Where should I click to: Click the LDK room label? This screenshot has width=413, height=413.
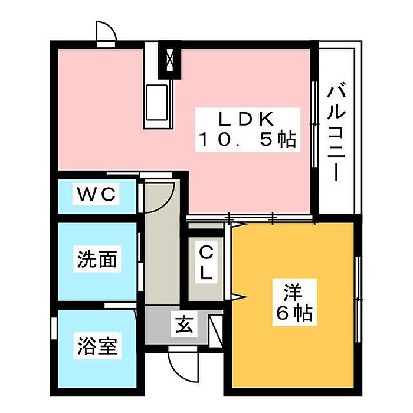coord(247,120)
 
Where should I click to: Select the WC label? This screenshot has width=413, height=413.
coord(96,194)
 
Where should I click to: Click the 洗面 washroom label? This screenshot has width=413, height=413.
coord(97,259)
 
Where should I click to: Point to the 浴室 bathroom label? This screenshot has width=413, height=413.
coord(97,346)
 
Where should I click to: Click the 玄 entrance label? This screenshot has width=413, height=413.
coord(184,324)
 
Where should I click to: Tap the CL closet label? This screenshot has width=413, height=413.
coord(206,263)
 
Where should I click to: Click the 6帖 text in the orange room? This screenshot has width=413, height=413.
coord(294,313)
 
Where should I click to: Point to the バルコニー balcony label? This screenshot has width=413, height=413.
coord(336,132)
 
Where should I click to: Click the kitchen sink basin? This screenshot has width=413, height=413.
coord(157,103)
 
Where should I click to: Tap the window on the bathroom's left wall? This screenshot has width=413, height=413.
coord(54,329)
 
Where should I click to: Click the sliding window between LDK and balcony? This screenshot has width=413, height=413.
coord(314,124)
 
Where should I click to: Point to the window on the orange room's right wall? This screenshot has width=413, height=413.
coord(358,300)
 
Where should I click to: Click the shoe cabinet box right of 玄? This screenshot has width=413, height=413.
coord(216,331)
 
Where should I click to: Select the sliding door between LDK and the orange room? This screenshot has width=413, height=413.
coord(251,218)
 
